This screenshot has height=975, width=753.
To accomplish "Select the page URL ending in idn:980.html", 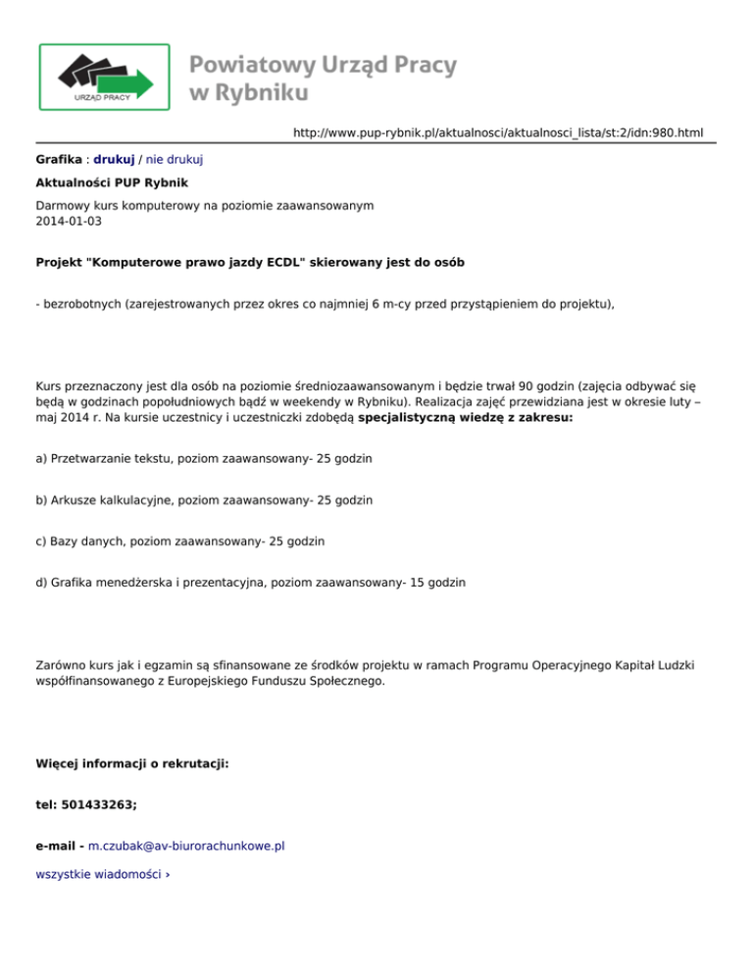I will click(x=498, y=132).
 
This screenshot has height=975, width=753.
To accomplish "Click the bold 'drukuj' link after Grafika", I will click(x=114, y=158).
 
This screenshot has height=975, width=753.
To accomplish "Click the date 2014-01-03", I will click(x=68, y=222).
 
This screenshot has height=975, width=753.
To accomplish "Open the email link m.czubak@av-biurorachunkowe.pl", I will click(x=186, y=845).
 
